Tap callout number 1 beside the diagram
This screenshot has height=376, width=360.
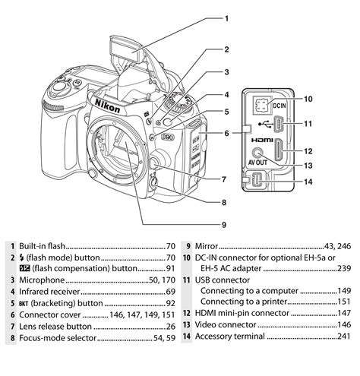pyautogui.click(x=226, y=17)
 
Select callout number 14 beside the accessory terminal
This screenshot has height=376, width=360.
pyautogui.click(x=308, y=182)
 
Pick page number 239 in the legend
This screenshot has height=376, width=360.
pyautogui.click(x=343, y=268)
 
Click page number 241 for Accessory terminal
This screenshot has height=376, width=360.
pyautogui.click(x=343, y=336)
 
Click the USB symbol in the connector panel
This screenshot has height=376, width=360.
pyautogui.click(x=262, y=122)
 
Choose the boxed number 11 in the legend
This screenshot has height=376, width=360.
pyautogui.click(x=185, y=280)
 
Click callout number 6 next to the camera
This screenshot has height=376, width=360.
pyautogui.click(x=226, y=132)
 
